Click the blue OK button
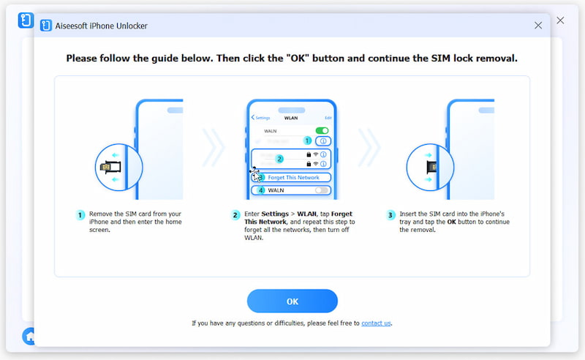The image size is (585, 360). coord(292,301)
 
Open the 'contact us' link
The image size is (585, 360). coord(376,323)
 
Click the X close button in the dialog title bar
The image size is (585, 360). coord(538,26)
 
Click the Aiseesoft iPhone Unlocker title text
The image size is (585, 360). coord(102,26)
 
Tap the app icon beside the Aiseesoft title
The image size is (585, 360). coord(46,26)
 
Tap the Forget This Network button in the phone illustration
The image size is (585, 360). coord(294,178)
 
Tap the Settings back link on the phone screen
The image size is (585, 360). coord(261,117)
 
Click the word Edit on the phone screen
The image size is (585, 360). coord(328,117)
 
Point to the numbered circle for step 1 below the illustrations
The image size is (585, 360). coord(81,215)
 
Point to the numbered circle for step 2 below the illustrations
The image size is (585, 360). coord(235,215)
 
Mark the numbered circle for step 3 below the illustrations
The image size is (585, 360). coord(391,215)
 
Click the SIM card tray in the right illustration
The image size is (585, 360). coord(433,167)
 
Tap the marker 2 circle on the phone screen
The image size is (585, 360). coord(279,158)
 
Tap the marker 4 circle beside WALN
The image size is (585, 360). coord(260,190)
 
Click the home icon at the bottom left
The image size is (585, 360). coord(29,336)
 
